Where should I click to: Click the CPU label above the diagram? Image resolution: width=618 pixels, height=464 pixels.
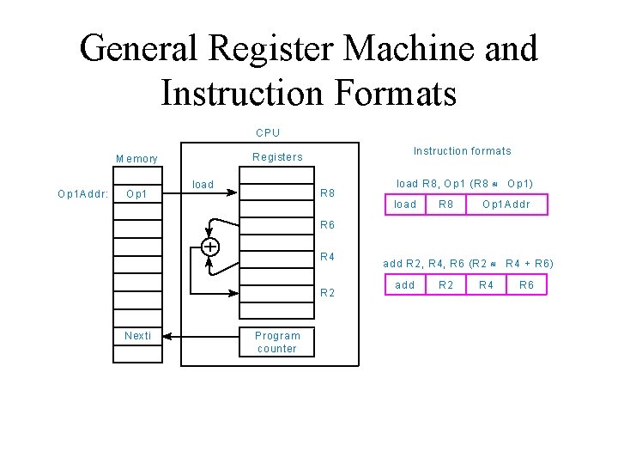[x=268, y=133]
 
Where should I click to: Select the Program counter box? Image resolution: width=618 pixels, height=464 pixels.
[x=277, y=342]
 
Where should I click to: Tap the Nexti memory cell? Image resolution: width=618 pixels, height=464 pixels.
[x=137, y=336]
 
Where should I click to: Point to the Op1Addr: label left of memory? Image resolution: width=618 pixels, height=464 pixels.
[x=82, y=193]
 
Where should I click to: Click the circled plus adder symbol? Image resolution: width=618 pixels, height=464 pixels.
[x=209, y=247]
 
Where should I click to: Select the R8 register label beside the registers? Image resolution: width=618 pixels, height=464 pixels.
[x=327, y=193]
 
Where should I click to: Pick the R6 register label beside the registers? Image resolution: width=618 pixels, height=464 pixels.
[x=327, y=226]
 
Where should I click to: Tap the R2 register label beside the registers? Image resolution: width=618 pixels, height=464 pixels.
[x=327, y=293]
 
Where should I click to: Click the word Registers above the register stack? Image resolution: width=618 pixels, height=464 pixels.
[x=276, y=157]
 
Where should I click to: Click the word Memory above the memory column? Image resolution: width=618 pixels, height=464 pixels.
[x=137, y=159]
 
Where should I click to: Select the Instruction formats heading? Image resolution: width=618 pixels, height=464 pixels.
[x=462, y=151]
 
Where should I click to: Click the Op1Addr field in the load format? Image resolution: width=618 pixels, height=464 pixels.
[x=506, y=205]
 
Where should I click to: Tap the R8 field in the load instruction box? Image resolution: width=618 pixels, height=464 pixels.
[x=446, y=205]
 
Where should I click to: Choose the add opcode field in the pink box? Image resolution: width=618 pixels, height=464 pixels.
[x=405, y=284]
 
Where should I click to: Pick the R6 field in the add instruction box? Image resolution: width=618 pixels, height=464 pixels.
[x=526, y=284]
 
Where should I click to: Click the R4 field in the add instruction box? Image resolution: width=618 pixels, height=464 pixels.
[x=486, y=284]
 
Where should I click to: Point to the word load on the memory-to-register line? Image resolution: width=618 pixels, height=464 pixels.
[x=203, y=185]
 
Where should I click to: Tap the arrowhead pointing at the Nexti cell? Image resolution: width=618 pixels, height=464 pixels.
[x=168, y=337]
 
